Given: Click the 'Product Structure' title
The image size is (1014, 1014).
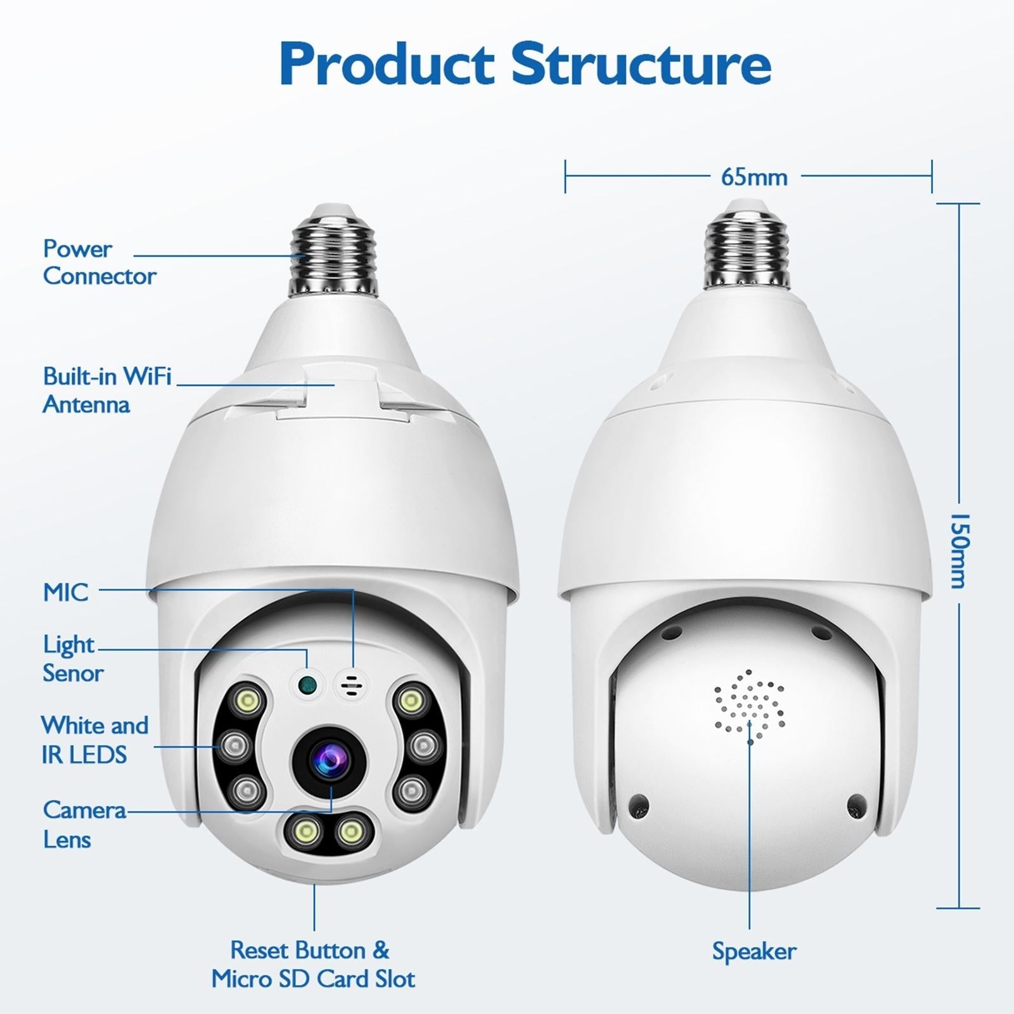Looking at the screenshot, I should tap(525, 64).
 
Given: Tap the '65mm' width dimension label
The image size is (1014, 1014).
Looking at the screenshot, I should tap(754, 177).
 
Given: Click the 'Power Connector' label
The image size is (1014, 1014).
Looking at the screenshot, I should tap(99, 262).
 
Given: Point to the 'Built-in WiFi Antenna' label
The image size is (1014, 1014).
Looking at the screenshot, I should tap(106, 390).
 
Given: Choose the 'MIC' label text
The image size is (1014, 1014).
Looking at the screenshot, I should tap(66, 593).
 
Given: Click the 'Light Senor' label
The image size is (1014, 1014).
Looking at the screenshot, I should tap(73, 659).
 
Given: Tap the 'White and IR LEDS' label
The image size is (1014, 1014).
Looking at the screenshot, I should tap(94, 740).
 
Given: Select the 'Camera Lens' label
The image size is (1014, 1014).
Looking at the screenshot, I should tap(84, 825).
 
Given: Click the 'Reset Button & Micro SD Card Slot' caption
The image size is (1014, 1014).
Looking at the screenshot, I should tap(313, 965).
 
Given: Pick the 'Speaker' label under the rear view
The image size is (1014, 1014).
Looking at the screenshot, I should tap(754, 951).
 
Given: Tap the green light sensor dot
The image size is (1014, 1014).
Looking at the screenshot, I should tap(307, 684).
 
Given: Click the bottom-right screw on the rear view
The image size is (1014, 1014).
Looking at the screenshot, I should tap(856, 805).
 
